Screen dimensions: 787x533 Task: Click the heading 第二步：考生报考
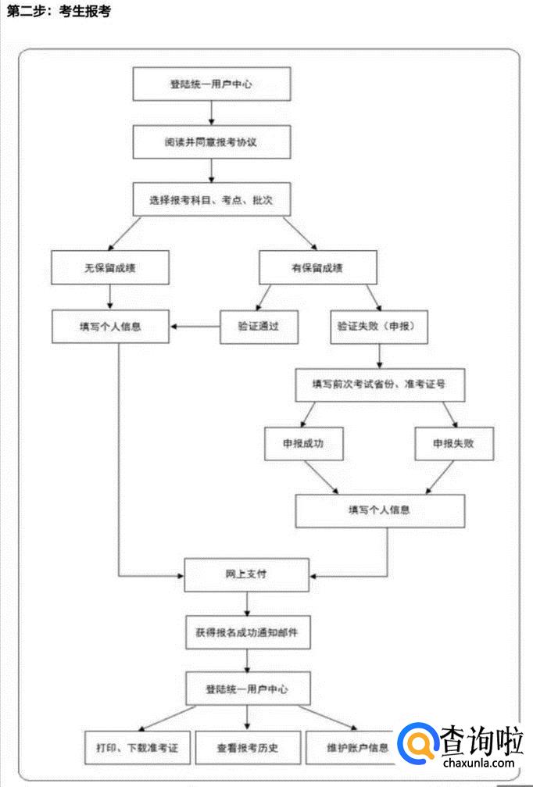click(59, 13)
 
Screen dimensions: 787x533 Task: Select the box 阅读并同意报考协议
click(211, 142)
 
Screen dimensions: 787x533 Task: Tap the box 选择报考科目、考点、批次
click(211, 200)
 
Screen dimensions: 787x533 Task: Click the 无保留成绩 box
click(109, 267)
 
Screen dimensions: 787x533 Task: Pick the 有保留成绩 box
click(317, 267)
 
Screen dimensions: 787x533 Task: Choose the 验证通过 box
click(259, 327)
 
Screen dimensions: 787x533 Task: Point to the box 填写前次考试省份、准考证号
click(379, 385)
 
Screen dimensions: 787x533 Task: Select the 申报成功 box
click(304, 443)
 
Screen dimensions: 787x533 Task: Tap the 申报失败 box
click(454, 443)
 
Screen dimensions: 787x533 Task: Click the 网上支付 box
click(246, 574)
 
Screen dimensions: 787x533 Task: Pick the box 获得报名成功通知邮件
click(247, 632)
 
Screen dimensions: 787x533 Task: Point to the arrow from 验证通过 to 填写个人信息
click(195, 327)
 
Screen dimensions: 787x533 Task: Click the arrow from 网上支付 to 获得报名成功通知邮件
click(247, 603)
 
